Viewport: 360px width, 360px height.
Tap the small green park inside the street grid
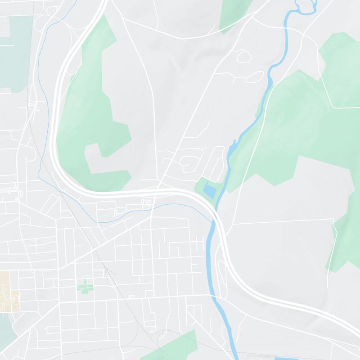(84, 286)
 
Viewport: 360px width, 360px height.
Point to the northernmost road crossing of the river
(288, 27)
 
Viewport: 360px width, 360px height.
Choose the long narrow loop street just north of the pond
(218, 162)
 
